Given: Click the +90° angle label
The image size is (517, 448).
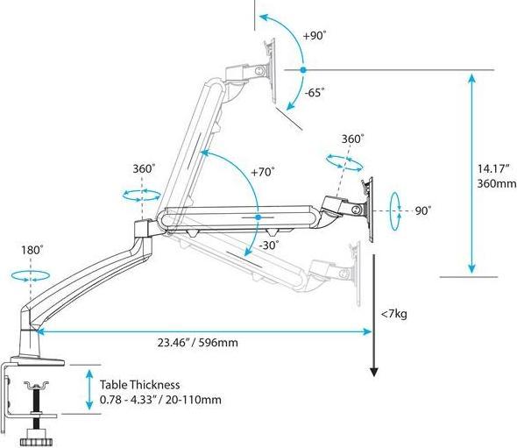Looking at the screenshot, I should [315, 36].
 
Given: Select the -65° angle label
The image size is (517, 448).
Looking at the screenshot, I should [313, 91].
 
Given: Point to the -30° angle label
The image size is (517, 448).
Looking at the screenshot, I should [269, 245].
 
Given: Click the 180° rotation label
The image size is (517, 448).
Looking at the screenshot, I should [32, 250].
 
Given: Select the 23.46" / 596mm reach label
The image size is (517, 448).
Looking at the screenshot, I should [198, 343].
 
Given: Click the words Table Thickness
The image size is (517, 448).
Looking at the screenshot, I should [139, 384].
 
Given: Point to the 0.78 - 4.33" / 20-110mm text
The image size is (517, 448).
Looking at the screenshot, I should [159, 400].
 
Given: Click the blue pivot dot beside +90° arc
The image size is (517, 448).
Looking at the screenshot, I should [302, 69].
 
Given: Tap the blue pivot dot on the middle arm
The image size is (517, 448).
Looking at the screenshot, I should [258, 216].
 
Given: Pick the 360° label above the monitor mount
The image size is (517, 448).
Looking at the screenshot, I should [352, 139].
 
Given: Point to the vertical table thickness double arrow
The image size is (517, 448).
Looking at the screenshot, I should [89, 389].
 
